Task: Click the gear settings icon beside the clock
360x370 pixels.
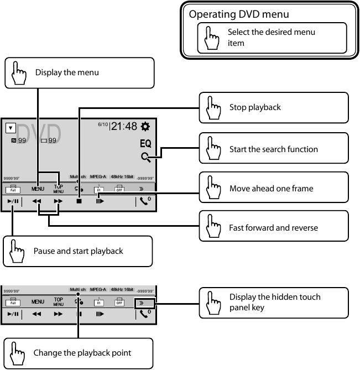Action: pyautogui.click(x=145, y=127)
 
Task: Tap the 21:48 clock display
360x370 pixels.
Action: pyautogui.click(x=124, y=127)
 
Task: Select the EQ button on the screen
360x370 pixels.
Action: pyautogui.click(x=145, y=143)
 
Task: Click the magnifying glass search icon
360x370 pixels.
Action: pyautogui.click(x=145, y=157)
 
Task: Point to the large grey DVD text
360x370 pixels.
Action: pyautogui.click(x=39, y=133)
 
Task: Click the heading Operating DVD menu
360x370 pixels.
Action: pyautogui.click(x=239, y=14)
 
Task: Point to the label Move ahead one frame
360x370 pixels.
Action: pyautogui.click(x=271, y=189)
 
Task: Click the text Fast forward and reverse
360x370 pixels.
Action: pyautogui.click(x=273, y=228)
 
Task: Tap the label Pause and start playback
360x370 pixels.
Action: pyautogui.click(x=78, y=251)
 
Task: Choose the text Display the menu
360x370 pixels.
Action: pyautogui.click(x=67, y=72)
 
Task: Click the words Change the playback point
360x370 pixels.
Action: pyautogui.click(x=82, y=353)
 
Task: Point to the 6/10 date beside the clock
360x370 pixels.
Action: pyautogui.click(x=103, y=124)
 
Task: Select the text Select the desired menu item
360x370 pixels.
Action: pyautogui.click(x=271, y=38)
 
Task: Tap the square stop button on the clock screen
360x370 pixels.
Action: pyautogui.click(x=79, y=202)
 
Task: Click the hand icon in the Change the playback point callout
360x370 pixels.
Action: pyautogui.click(x=18, y=353)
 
